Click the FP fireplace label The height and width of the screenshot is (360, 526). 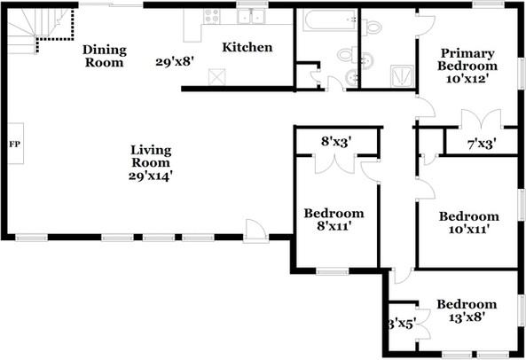coord(14,143)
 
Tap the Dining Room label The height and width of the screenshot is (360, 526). coord(105,55)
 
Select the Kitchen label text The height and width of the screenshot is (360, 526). coord(247,48)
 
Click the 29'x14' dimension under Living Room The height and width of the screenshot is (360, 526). coord(150,176)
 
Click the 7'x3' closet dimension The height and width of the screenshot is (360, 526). coord(481,143)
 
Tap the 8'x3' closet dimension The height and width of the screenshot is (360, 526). coord(337,140)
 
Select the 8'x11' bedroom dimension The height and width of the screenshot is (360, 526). coord(334,228)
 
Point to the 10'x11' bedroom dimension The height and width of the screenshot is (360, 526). coord(467,230)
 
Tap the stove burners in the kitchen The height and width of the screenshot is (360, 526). coord(213,15)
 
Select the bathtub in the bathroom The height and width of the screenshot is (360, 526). coord(324,20)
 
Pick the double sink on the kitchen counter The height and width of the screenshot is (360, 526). coord(255,15)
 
